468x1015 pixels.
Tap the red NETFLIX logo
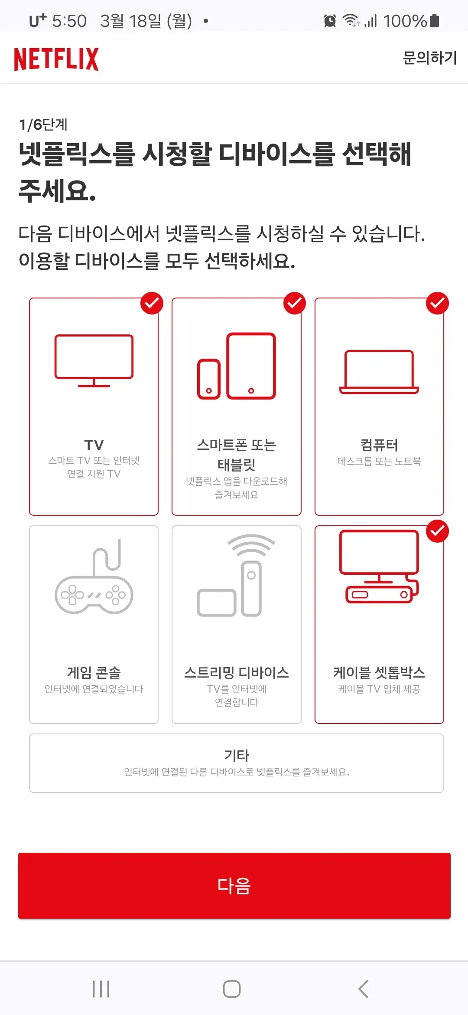pos(56,59)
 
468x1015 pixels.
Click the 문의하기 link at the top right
pos(429,58)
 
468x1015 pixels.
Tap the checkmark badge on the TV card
pos(152,303)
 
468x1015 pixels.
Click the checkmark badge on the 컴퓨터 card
pos(437,303)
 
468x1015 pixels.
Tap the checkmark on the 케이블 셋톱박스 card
pos(437,531)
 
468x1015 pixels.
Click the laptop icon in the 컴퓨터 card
pos(379,372)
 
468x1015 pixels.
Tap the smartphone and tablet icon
pos(237,366)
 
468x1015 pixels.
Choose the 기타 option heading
pos(237,756)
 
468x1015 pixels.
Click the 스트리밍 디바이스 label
pos(237,673)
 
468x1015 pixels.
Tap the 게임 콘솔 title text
pos(94,673)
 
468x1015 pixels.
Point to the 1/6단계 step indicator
pos(43,125)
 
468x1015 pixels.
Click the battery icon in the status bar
pos(435,20)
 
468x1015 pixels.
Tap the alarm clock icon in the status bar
pos(330,20)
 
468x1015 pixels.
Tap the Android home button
pos(232,989)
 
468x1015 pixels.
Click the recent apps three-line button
pos(101,989)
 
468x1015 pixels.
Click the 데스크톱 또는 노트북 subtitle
pos(379,462)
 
